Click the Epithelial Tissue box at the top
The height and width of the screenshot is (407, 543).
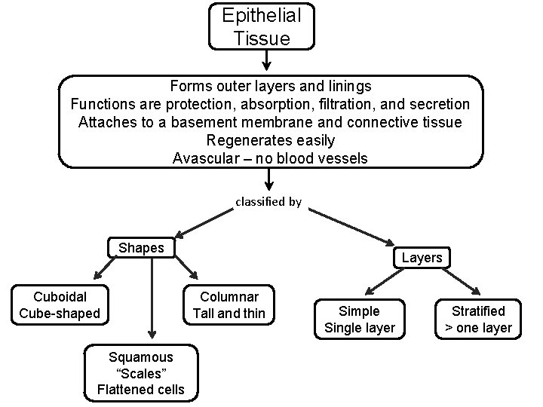(262, 26)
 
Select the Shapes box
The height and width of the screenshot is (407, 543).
(141, 248)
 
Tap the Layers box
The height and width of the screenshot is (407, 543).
(422, 258)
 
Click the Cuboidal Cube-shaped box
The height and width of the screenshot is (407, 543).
(60, 304)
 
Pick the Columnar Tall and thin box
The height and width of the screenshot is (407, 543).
(229, 304)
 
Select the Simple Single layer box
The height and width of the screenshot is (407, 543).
(359, 319)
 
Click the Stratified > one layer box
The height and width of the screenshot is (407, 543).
(478, 319)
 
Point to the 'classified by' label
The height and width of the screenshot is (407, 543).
(268, 202)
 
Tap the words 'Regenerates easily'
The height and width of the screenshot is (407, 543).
(270, 140)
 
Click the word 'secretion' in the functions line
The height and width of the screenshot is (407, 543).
(440, 104)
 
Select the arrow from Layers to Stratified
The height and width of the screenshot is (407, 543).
(459, 282)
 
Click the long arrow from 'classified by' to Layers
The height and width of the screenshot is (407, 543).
(351, 228)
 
